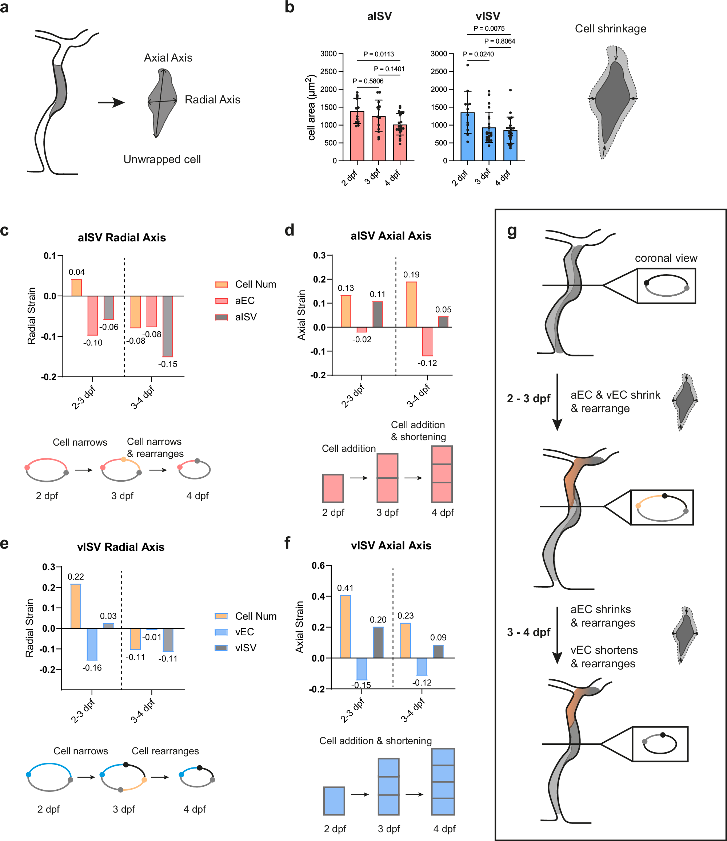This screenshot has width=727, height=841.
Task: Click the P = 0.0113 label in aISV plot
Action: pos(378,54)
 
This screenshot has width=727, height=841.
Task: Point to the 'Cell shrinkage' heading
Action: pos(610,29)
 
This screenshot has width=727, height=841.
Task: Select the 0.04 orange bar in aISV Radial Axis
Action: pos(77,288)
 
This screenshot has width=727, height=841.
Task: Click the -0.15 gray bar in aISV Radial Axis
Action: pos(168,326)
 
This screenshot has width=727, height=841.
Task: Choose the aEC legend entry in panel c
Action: pos(235,300)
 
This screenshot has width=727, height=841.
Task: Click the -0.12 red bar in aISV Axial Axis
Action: pos(427,341)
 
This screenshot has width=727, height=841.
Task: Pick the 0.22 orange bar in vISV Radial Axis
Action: pos(76,606)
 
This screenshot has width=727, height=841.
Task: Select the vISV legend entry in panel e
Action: pos(235,648)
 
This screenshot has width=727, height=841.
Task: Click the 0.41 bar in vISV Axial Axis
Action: pos(345,627)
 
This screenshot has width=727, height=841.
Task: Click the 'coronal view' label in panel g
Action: pos(666,258)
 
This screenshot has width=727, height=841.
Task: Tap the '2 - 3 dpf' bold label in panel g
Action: pos(528,398)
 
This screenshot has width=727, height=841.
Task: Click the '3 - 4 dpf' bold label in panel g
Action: pos(528,632)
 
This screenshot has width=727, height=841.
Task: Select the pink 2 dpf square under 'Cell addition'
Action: pos(333,488)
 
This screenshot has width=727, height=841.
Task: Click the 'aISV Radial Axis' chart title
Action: pos(122,238)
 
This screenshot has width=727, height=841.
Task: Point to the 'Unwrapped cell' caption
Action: pos(162,159)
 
